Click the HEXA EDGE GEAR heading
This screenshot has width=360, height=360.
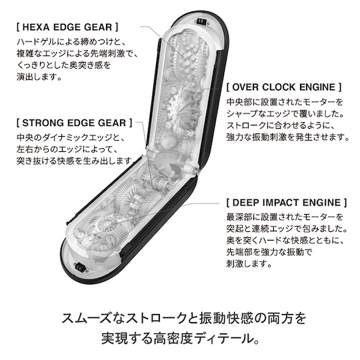click(67, 27)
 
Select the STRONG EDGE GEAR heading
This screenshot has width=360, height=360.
click(75, 123)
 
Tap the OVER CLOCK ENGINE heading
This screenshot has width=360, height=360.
click(284, 87)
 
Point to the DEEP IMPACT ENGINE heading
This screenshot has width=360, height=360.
click(287, 203)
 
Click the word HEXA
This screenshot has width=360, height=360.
click(36, 27)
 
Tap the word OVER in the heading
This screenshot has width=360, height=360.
click(245, 87)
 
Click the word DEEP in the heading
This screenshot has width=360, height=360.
click(245, 203)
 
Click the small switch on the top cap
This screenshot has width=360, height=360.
click(201, 22)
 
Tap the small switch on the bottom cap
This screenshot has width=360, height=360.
click(80, 267)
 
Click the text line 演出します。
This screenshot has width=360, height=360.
click(39, 77)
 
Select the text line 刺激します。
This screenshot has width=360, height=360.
click(249, 263)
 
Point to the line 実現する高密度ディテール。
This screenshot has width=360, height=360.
click(180, 338)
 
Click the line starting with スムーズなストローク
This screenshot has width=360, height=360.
click(184, 318)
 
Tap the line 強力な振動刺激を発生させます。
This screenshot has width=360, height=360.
click(288, 137)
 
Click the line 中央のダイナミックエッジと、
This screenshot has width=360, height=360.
click(71, 137)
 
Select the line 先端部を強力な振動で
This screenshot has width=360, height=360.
click(269, 252)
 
